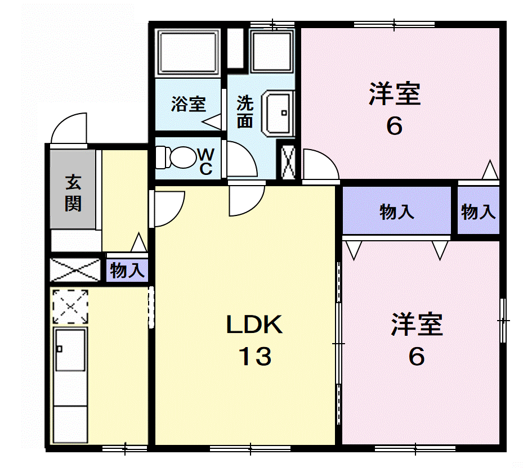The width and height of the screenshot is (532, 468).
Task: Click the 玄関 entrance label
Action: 73,193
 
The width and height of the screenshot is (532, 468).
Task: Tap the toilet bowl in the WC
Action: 176,157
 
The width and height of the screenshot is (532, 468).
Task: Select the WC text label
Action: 206,161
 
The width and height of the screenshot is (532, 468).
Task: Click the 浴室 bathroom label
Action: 188,103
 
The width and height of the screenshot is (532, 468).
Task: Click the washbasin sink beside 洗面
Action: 278,113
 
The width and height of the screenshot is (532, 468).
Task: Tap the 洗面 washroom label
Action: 245,112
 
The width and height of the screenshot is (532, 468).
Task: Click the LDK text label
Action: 254,325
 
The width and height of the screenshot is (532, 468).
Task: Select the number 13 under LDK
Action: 255,357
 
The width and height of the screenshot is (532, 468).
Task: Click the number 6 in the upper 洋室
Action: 394,126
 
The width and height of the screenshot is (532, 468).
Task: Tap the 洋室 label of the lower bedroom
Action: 417,325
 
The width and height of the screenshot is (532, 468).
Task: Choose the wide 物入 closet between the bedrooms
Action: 397,210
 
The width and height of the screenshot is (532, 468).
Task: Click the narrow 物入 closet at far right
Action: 479,210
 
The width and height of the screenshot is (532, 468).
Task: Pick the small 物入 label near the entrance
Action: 127,270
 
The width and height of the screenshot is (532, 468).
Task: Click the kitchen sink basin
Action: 70,349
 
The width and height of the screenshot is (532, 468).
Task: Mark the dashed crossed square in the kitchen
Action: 70,307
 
